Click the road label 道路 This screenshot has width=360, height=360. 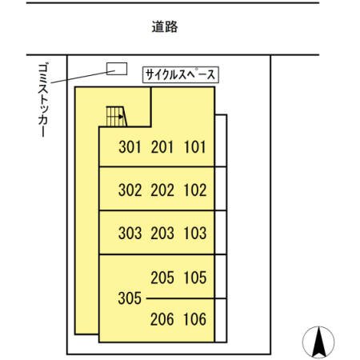(x=164, y=27)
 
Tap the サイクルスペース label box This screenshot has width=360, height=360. (x=181, y=75)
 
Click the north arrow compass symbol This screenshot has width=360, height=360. (x=318, y=342)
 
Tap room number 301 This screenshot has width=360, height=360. (x=130, y=147)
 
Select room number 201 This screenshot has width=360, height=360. (x=162, y=147)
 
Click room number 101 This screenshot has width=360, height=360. (x=194, y=147)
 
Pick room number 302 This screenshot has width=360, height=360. (x=130, y=190)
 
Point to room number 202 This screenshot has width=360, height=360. (x=162, y=190)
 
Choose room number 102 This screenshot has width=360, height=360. (x=194, y=190)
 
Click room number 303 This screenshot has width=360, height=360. (x=130, y=234)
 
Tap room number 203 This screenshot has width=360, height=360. (x=162, y=234)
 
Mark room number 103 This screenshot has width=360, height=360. (x=194, y=234)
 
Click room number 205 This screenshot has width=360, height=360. (x=162, y=278)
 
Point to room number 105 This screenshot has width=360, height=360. (x=194, y=278)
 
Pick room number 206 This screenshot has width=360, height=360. (x=162, y=320)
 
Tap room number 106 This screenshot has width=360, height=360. (x=194, y=320)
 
